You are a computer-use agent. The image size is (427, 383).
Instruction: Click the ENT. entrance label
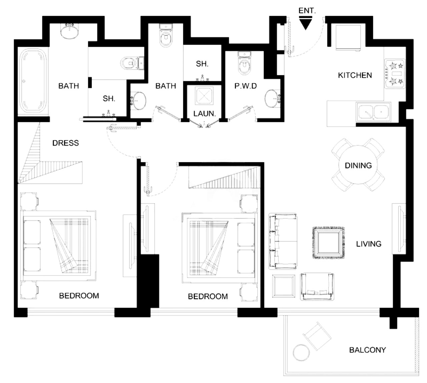pyautogui.click(x=307, y=11)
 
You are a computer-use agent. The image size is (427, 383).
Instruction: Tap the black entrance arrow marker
pyautogui.click(x=305, y=23)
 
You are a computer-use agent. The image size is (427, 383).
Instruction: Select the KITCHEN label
pyautogui.click(x=355, y=75)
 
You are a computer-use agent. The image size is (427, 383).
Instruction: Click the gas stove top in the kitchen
pyautogui.click(x=395, y=73)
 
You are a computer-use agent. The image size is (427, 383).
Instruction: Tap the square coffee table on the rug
pyautogui.click(x=328, y=243)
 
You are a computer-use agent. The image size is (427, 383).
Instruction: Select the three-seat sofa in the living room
pyautogui.click(x=283, y=241)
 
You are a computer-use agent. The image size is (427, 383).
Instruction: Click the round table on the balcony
pyautogui.click(x=301, y=352)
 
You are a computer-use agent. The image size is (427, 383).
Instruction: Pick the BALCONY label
pyautogui.click(x=367, y=350)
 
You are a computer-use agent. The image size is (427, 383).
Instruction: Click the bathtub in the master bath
pyautogui.click(x=33, y=81)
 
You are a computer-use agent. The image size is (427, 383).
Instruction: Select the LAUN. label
pyautogui.click(x=204, y=114)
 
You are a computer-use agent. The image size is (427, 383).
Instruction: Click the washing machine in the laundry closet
pyautogui.click(x=204, y=95)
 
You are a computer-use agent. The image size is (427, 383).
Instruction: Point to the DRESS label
pyautogui.click(x=65, y=143)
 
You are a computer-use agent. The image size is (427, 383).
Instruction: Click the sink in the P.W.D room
pyautogui.click(x=273, y=99)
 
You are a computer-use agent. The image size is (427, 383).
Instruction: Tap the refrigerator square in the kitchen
pyautogui.click(x=348, y=38)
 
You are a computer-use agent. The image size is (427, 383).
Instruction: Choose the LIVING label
pyautogui.click(x=369, y=244)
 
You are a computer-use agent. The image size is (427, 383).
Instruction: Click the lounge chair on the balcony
pyautogui.click(x=317, y=336)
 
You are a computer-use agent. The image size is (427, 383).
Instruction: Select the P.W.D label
pyautogui.click(x=246, y=86)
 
